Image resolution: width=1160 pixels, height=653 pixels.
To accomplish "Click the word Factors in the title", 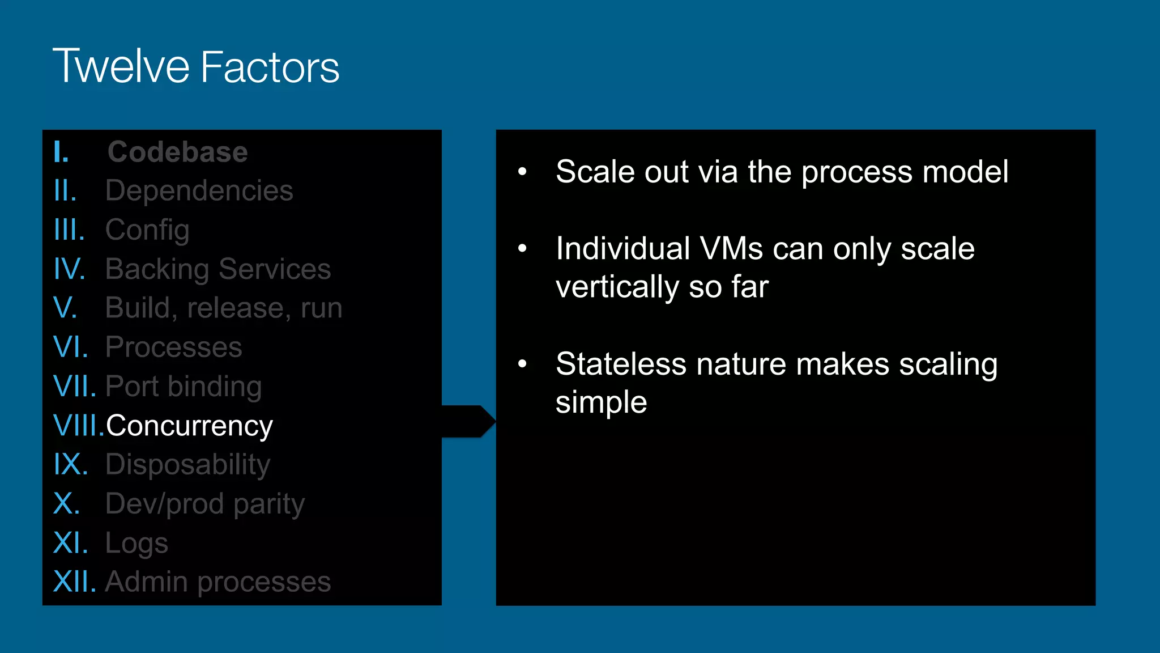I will coord(270,67).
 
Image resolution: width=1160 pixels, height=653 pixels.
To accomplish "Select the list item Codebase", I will coord(177,152).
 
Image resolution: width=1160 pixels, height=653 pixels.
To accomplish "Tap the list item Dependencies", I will coord(199,190).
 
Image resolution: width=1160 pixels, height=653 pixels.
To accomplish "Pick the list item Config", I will coord(147,230).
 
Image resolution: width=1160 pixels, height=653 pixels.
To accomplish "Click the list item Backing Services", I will coord(218,269).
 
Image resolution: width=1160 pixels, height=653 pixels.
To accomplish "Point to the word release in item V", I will coord(236,308).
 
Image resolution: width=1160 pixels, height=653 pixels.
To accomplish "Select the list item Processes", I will coord(173,347).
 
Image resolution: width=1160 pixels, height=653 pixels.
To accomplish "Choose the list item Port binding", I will coord(184,387).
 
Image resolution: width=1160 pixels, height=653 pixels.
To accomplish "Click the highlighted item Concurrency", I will coord(189,426).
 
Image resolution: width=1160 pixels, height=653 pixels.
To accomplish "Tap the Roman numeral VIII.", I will coord(78,426).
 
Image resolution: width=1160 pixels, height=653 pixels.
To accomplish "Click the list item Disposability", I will coord(187,465).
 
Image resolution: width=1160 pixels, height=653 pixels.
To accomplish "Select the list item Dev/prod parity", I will coord(204,504).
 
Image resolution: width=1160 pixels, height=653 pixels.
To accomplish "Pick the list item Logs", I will coord(137,543).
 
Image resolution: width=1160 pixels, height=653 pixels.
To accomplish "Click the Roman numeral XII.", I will coord(74,582).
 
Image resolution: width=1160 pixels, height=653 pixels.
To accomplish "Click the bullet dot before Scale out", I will coord(522,171).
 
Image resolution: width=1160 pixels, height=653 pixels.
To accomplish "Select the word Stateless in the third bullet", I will coord(621,364).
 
